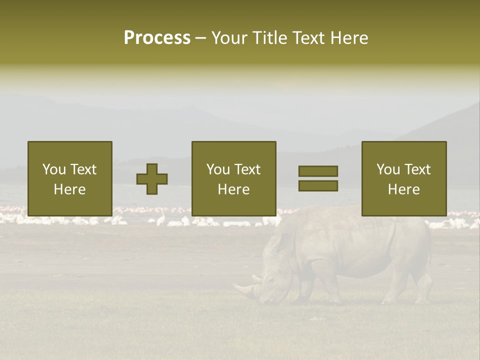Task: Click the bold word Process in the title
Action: click(x=157, y=38)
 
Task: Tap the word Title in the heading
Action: click(x=270, y=38)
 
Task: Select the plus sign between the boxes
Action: click(x=152, y=179)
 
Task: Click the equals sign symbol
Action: click(x=318, y=178)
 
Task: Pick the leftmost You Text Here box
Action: click(x=70, y=178)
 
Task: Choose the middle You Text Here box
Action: click(x=233, y=178)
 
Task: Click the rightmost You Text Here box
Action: click(x=404, y=178)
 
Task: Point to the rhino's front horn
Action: click(x=243, y=289)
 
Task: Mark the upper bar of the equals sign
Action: click(x=318, y=171)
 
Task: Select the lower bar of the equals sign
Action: click(x=318, y=185)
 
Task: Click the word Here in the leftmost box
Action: click(x=69, y=189)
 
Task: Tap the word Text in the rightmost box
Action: click(x=417, y=169)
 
